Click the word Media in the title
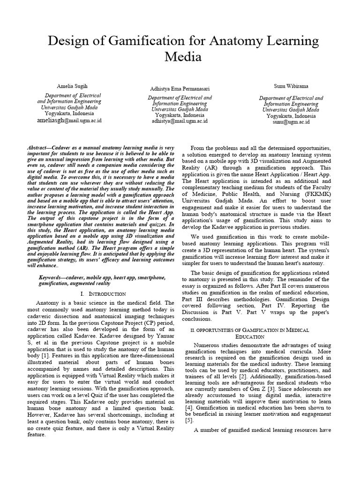183,57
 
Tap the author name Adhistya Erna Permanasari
180,89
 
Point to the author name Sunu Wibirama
291,87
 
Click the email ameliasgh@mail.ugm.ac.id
69,120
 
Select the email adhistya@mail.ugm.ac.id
180,121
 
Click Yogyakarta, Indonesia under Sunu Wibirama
291,116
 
